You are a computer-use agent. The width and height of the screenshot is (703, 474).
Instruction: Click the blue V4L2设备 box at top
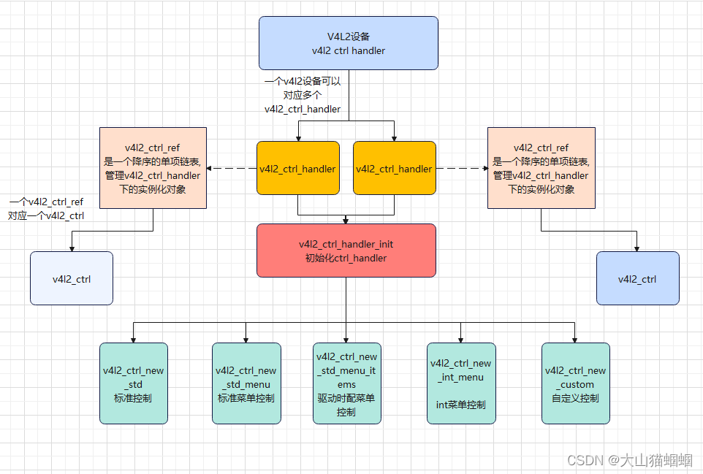349,43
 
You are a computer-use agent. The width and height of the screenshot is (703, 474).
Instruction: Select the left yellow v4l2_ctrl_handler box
298,168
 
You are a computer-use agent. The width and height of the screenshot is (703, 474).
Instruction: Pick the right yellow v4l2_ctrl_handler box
394,168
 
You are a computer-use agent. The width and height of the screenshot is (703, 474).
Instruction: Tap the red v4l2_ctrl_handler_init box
346,251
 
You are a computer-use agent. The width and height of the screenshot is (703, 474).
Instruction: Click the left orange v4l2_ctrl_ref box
153,168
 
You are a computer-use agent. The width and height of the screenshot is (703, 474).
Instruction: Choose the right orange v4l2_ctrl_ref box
541,168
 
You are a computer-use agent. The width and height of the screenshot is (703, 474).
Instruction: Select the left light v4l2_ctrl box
72,278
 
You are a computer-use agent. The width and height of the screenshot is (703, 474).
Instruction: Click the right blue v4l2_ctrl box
637,278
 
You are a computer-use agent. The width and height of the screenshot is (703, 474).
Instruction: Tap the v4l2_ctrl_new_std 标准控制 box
134,383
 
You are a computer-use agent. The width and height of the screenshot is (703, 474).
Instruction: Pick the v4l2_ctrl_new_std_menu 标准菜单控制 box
246,383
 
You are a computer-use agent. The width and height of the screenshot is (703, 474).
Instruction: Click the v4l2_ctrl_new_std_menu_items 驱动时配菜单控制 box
346,383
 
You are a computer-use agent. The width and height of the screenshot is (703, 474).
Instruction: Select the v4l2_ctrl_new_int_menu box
461,383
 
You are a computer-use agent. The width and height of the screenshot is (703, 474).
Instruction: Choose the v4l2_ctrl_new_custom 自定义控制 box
575,383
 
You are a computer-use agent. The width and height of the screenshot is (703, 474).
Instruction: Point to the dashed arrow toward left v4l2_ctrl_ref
232,169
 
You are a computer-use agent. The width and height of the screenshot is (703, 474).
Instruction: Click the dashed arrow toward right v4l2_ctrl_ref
461,169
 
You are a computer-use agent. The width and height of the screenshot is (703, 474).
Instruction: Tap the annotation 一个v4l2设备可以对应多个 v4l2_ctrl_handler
303,95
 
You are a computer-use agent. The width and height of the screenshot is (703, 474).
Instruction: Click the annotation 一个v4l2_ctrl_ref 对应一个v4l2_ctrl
46,208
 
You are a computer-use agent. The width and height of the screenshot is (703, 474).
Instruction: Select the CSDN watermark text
629,459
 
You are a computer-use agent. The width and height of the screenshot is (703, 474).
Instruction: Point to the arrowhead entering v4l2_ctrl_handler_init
346,220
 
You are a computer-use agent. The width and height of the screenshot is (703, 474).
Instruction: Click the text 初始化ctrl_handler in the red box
346,258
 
